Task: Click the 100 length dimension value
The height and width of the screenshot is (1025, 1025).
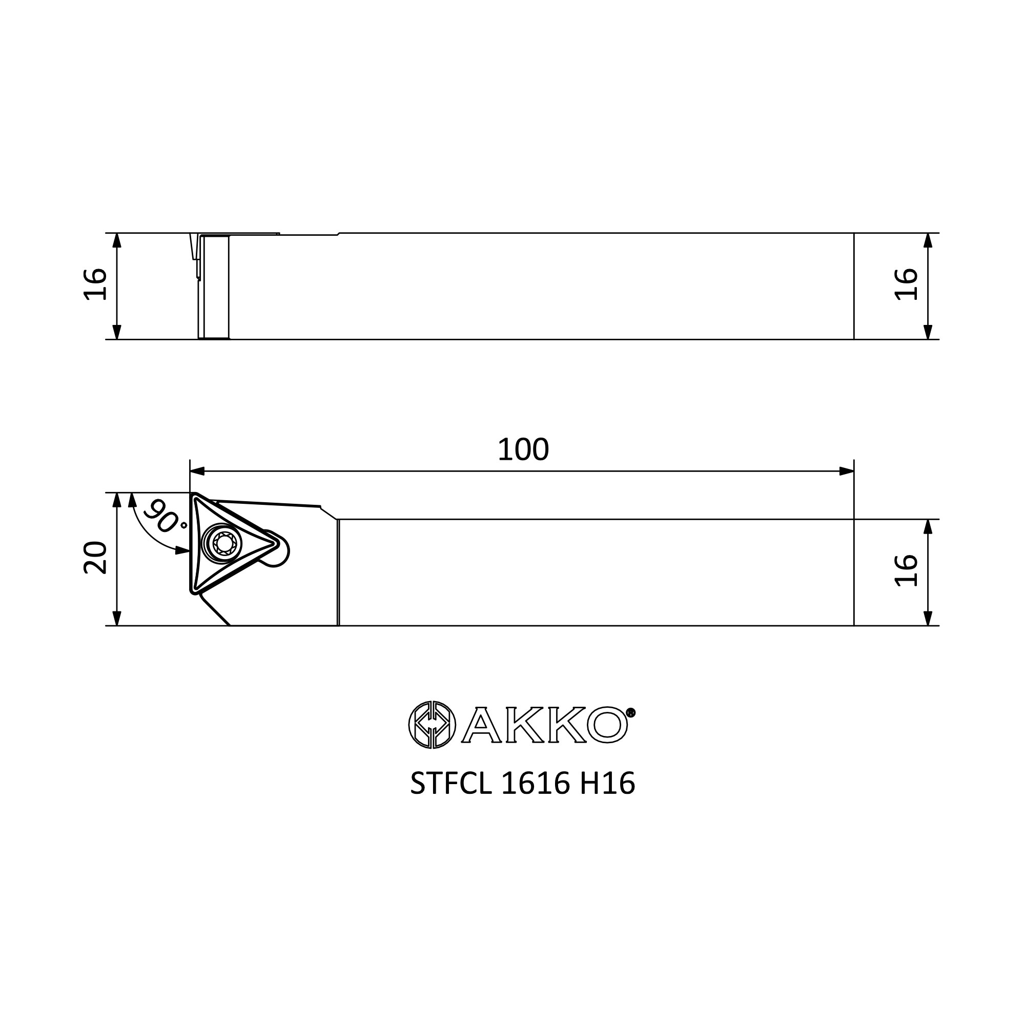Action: (523, 450)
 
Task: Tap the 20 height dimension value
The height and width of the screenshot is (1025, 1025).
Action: (96, 558)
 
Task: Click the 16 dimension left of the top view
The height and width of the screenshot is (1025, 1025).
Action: (96, 284)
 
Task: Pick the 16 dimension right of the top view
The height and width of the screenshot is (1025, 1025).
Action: (907, 284)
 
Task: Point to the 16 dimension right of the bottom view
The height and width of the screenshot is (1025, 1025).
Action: (907, 571)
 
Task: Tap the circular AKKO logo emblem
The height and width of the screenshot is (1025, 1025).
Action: (432, 724)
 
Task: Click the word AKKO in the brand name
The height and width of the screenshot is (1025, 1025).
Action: (544, 725)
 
